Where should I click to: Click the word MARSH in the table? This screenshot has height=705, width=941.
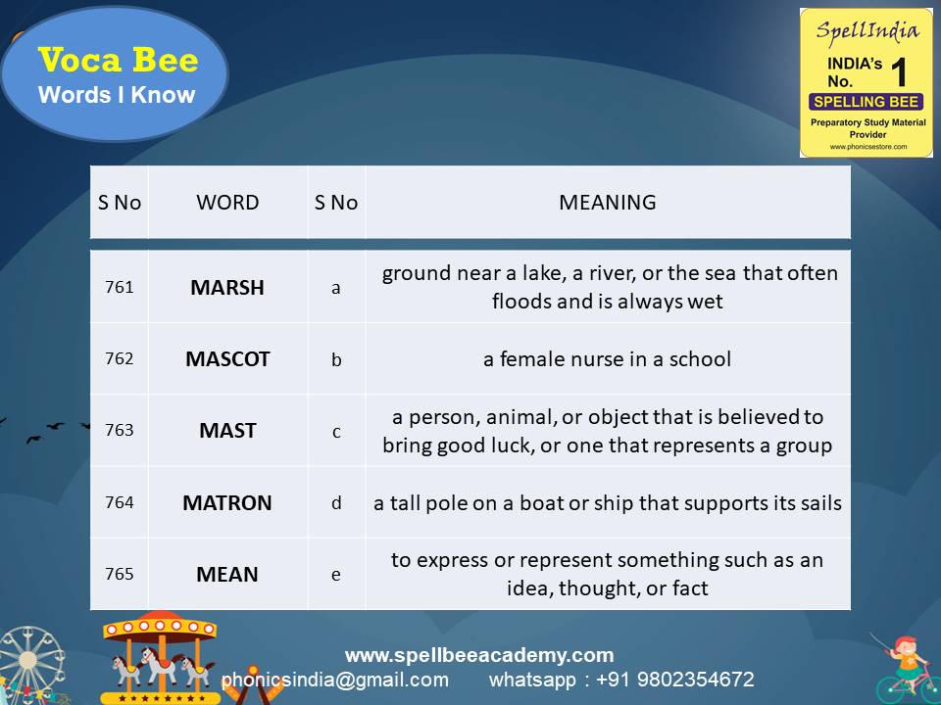[x=227, y=288]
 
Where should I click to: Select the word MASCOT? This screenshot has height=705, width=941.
[x=227, y=359]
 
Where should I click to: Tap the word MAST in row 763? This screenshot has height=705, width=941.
[x=227, y=431]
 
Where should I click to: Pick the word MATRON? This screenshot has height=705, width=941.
[x=227, y=503]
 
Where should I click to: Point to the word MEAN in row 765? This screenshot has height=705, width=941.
[x=227, y=575]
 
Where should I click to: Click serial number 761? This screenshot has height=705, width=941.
[x=119, y=288]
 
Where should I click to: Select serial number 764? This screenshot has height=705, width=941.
[x=119, y=503]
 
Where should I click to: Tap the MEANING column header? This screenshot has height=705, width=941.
[x=607, y=203]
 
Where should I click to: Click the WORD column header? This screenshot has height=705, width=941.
[x=227, y=203]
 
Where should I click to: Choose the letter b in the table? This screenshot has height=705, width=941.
[x=336, y=359]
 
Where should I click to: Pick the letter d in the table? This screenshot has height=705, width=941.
[x=336, y=503]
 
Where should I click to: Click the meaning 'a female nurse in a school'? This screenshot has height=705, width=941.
[x=607, y=359]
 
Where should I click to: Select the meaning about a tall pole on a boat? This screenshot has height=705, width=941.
[x=607, y=503]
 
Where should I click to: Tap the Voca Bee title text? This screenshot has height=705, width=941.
[x=118, y=61]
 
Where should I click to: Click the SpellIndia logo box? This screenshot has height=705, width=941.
[x=866, y=82]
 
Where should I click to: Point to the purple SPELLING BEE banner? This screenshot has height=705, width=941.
[x=866, y=102]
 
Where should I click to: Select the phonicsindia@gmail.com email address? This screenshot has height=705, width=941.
[x=335, y=680]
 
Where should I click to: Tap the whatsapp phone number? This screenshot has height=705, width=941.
[x=621, y=680]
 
